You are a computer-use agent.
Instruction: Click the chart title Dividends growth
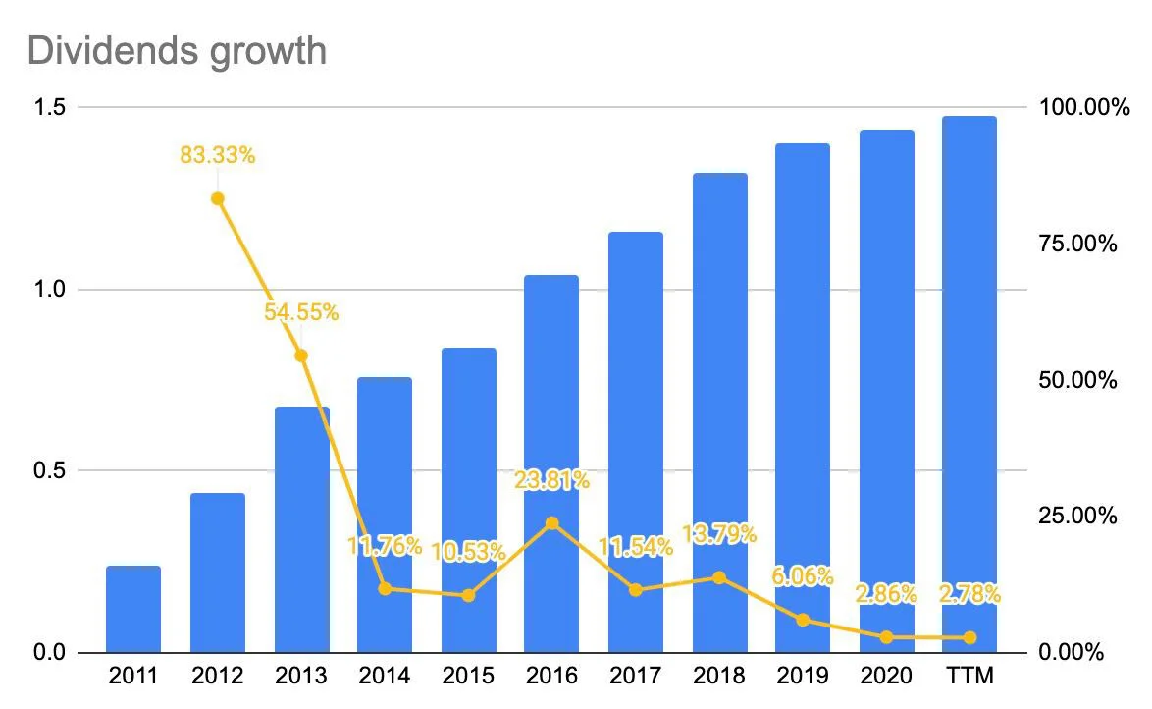(x=177, y=52)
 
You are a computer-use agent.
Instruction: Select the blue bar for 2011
(x=133, y=609)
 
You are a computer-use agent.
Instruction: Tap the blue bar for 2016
(x=551, y=464)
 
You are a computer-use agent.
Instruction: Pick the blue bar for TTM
(x=969, y=384)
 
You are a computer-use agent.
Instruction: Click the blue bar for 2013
(x=301, y=529)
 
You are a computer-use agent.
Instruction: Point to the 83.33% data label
(x=218, y=155)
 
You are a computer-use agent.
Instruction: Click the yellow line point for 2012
(x=218, y=198)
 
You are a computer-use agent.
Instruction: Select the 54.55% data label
(x=301, y=312)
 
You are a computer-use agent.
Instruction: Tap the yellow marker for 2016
(x=551, y=523)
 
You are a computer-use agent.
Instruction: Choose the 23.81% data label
(x=551, y=480)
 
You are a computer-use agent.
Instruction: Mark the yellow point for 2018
(x=719, y=578)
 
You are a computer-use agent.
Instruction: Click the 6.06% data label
(x=803, y=575)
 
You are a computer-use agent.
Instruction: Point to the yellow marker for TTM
(x=969, y=637)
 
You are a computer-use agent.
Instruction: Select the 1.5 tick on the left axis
(x=49, y=107)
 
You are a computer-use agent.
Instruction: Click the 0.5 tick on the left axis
(x=49, y=470)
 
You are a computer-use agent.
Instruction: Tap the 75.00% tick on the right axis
(x=1077, y=244)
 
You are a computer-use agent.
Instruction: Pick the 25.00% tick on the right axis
(x=1077, y=516)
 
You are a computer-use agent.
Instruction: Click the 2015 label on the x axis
(x=468, y=676)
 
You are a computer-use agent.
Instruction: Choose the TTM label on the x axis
(x=969, y=676)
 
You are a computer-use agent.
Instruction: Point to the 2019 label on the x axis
(x=803, y=676)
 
